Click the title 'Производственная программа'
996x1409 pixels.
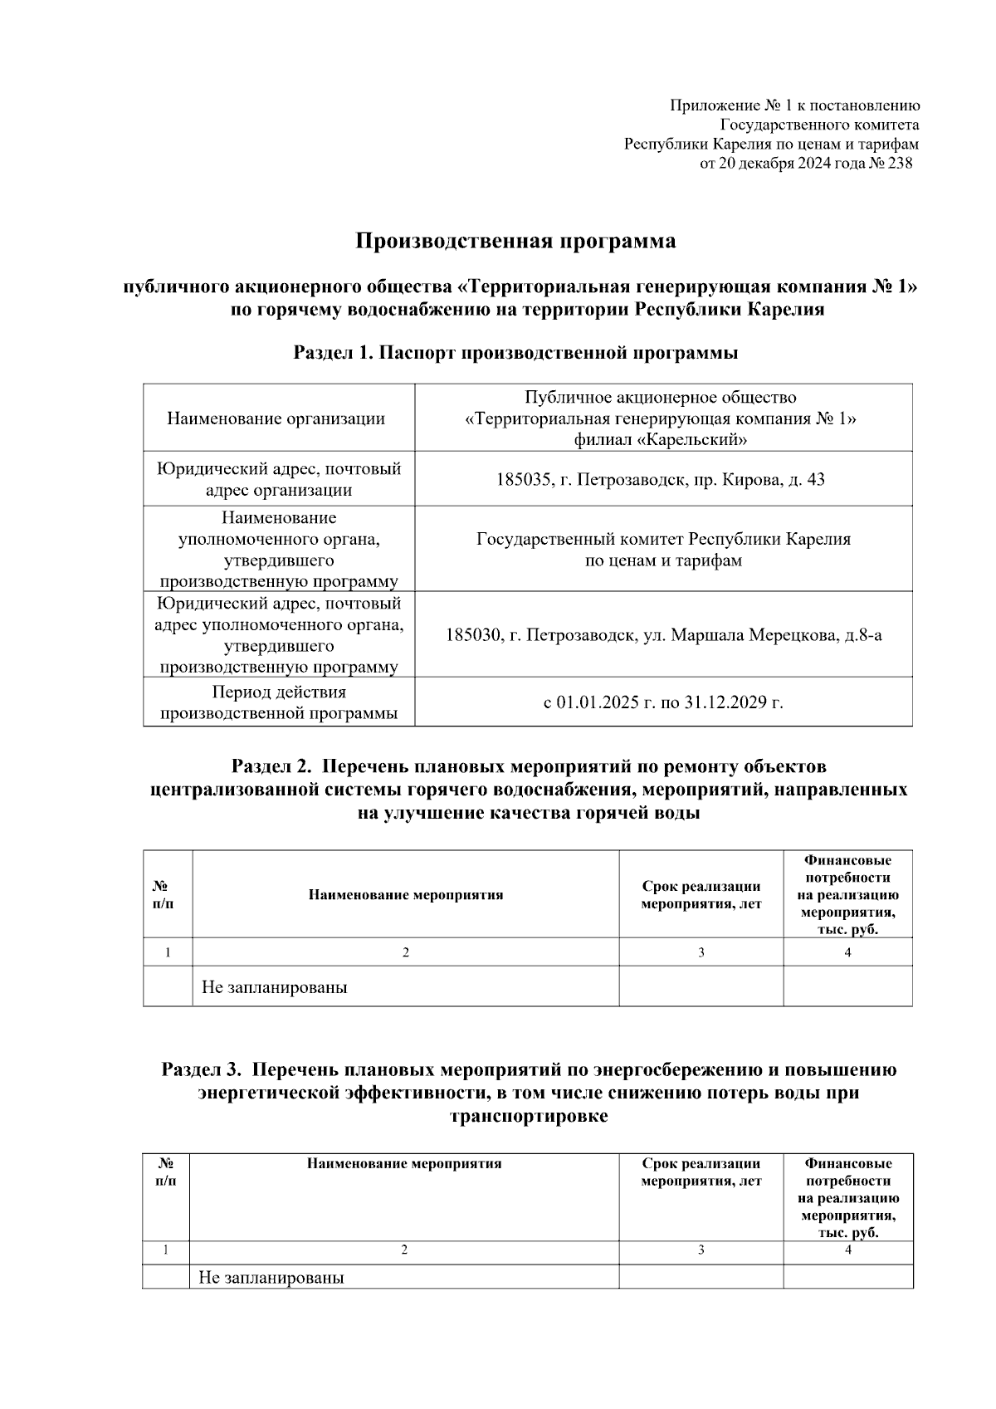click(515, 242)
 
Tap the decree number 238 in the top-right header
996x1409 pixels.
click(900, 164)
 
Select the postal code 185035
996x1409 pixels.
click(521, 480)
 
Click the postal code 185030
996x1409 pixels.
click(472, 636)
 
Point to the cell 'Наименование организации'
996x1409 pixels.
click(276, 418)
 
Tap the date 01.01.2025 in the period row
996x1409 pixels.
click(597, 702)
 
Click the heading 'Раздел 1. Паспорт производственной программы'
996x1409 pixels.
click(515, 353)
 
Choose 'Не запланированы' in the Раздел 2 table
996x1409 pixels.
click(274, 988)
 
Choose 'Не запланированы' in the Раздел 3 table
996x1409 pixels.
click(271, 1278)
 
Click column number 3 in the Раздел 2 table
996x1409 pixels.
click(701, 953)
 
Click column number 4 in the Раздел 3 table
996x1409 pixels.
click(847, 1250)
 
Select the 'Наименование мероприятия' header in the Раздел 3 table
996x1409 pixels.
click(404, 1164)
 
